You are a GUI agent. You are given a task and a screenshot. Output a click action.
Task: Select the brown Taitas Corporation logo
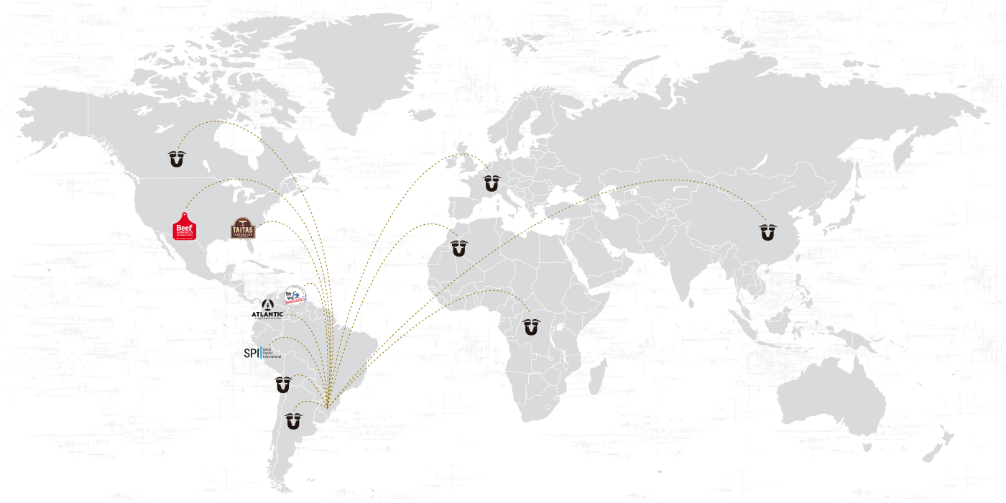pos(243,228)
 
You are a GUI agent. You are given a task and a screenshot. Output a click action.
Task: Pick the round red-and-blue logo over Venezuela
pos(295,296)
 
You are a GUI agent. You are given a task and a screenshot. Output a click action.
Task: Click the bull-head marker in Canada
pos(177,159)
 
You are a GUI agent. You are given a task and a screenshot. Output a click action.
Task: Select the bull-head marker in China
pos(769,232)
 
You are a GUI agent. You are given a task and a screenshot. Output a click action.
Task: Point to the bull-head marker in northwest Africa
pos(459,248)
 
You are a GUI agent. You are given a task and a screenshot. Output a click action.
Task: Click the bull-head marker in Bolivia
pos(283,384)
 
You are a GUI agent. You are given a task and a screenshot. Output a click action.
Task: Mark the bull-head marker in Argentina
pos(292,421)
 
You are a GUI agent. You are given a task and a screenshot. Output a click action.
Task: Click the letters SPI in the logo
pos(251,353)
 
